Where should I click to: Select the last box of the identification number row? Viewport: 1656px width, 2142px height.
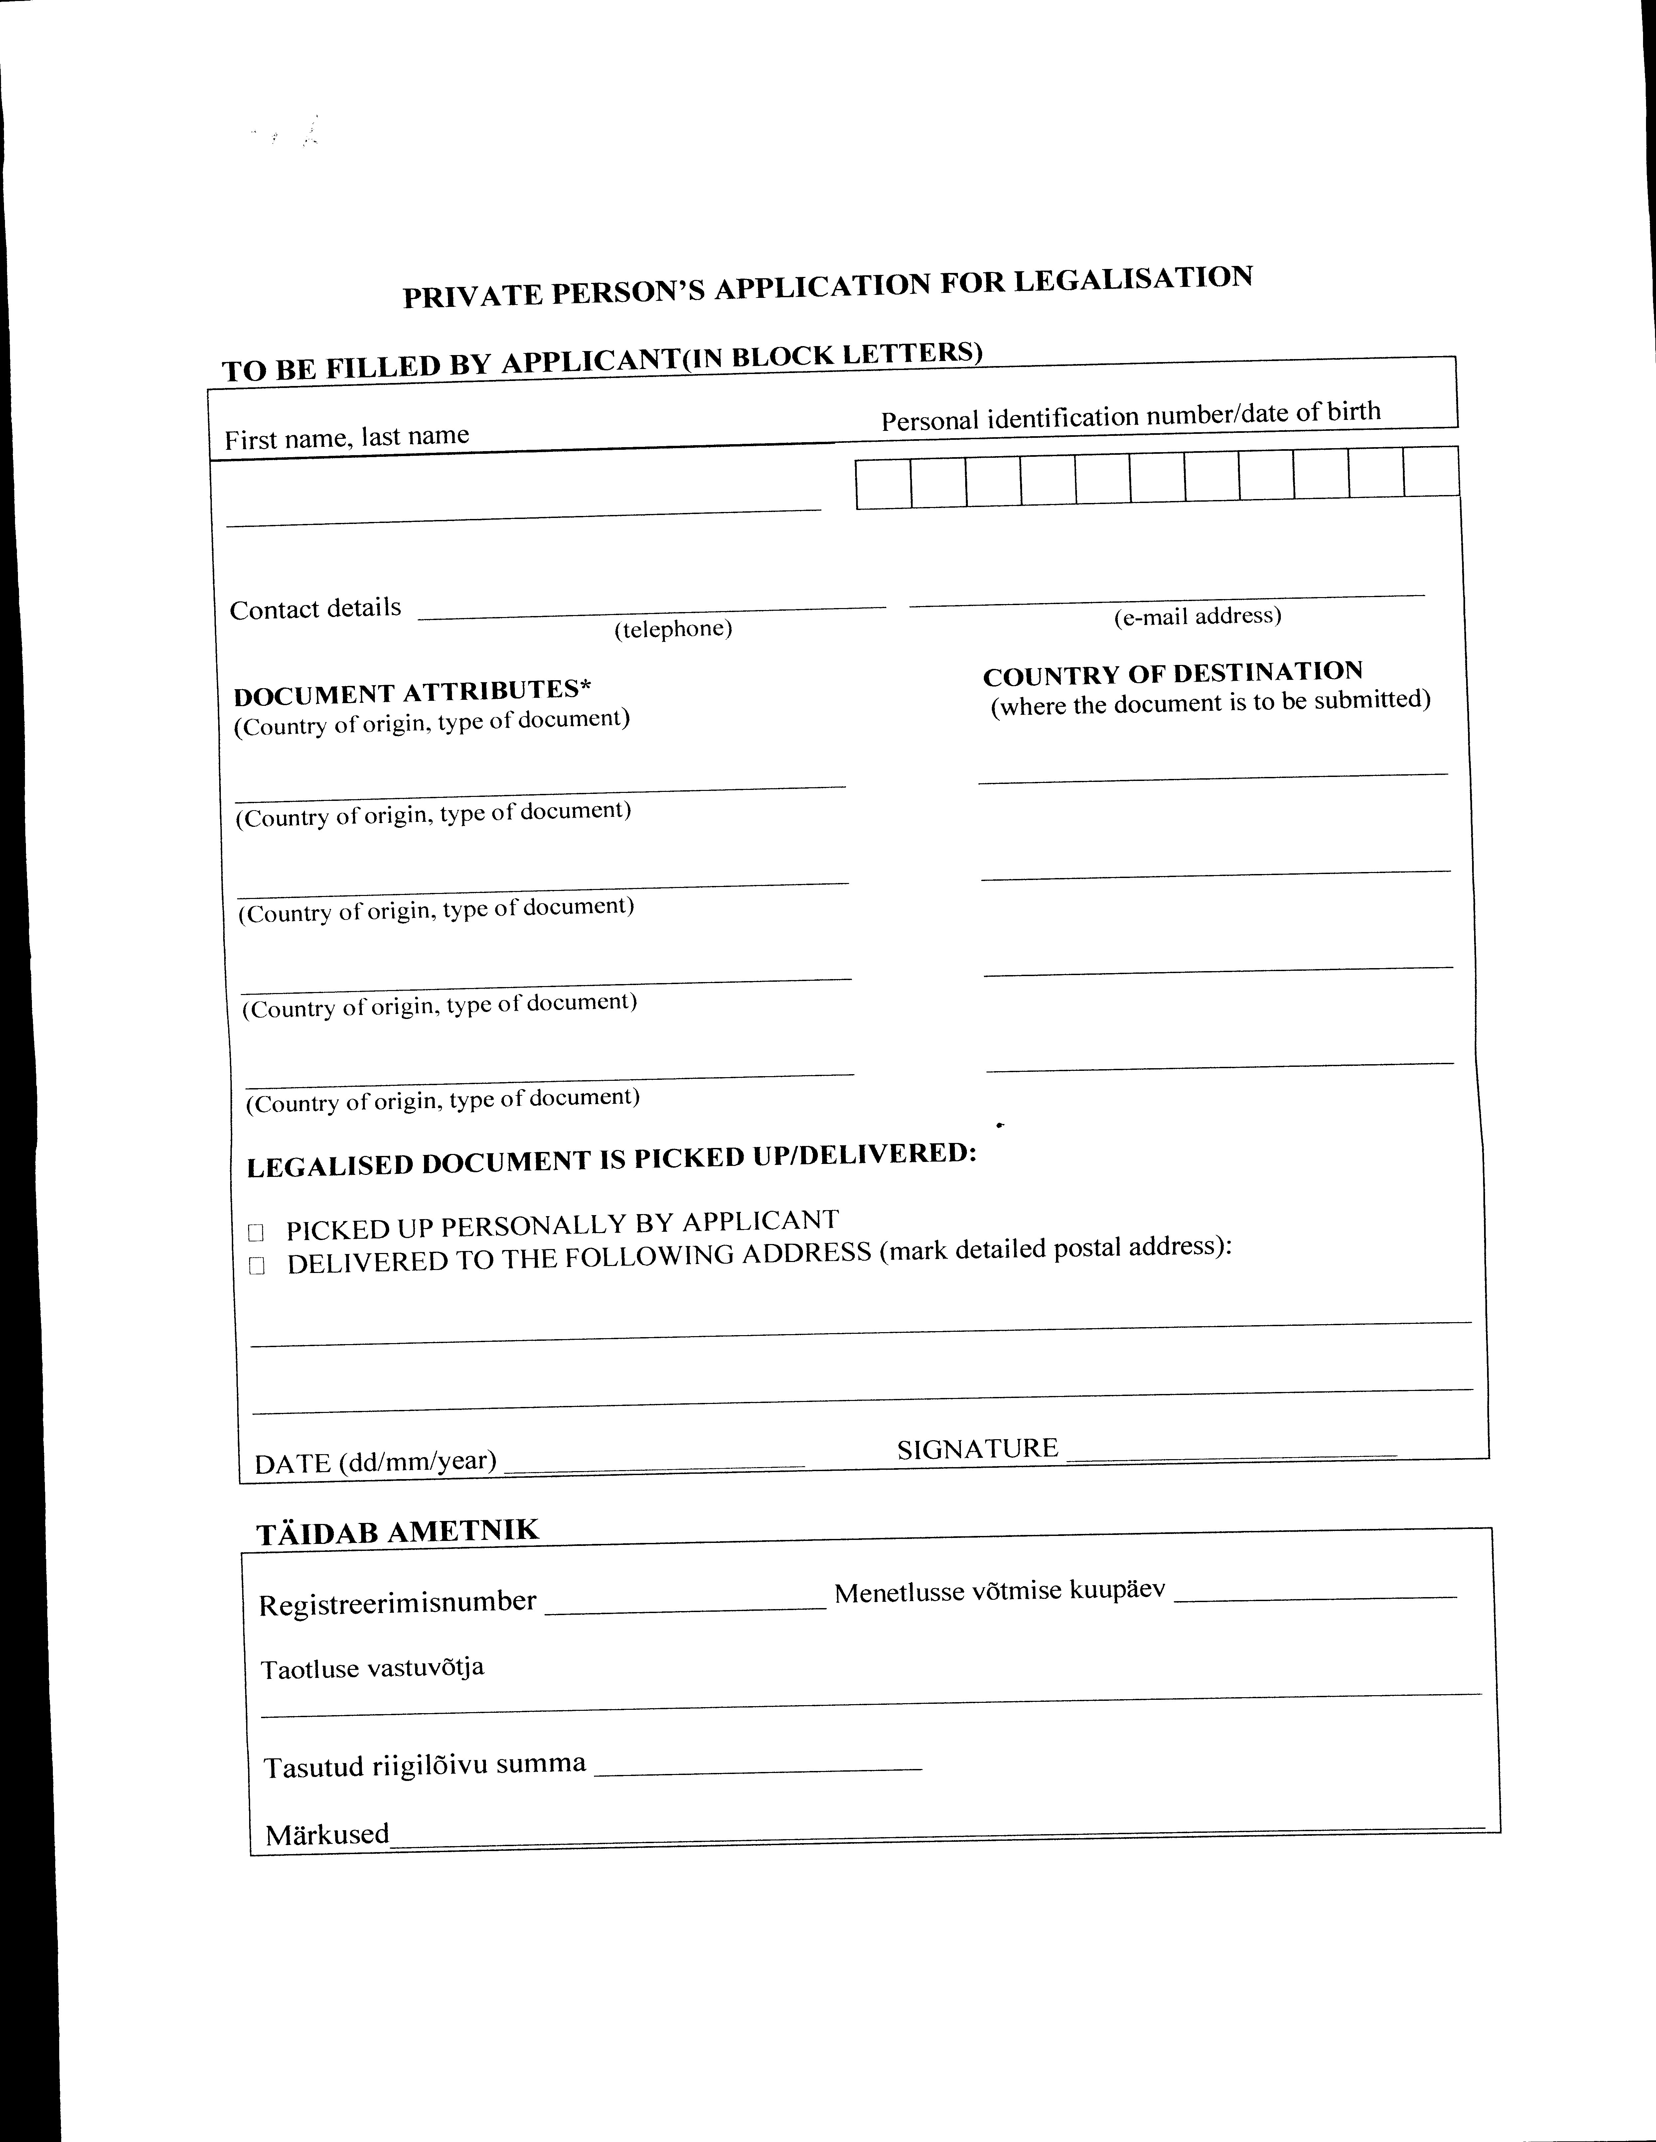pos(1430,472)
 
